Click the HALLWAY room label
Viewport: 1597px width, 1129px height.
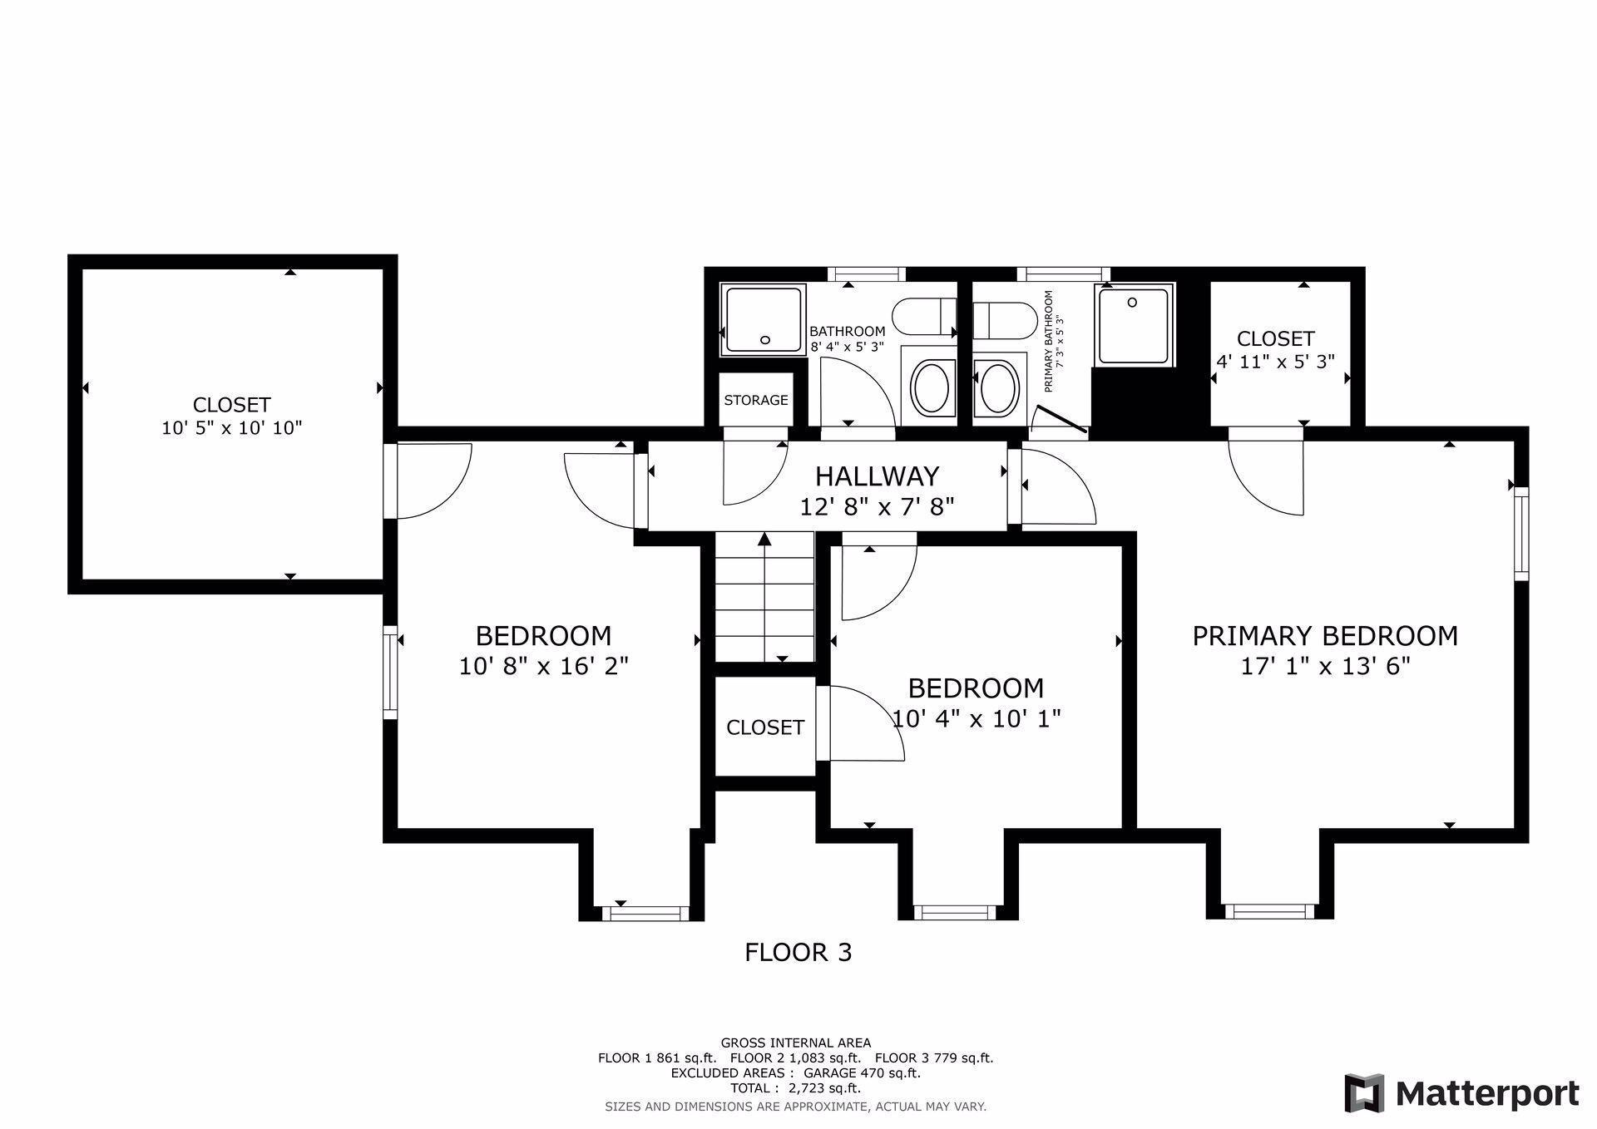pos(877,476)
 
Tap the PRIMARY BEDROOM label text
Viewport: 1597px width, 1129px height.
pos(1325,636)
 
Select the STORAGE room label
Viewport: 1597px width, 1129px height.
pos(756,400)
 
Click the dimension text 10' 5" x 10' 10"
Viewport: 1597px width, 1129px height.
pos(231,428)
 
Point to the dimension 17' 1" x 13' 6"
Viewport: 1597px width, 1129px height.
pos(1326,667)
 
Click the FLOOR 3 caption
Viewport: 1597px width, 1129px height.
pos(798,952)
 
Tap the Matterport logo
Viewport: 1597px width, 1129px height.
pos(1462,1092)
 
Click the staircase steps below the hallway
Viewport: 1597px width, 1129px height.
pos(764,598)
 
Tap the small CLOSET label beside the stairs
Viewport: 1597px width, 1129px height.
pos(765,727)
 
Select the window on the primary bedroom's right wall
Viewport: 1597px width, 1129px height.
pos(1521,534)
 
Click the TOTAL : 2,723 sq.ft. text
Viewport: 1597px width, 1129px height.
pos(795,1088)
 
